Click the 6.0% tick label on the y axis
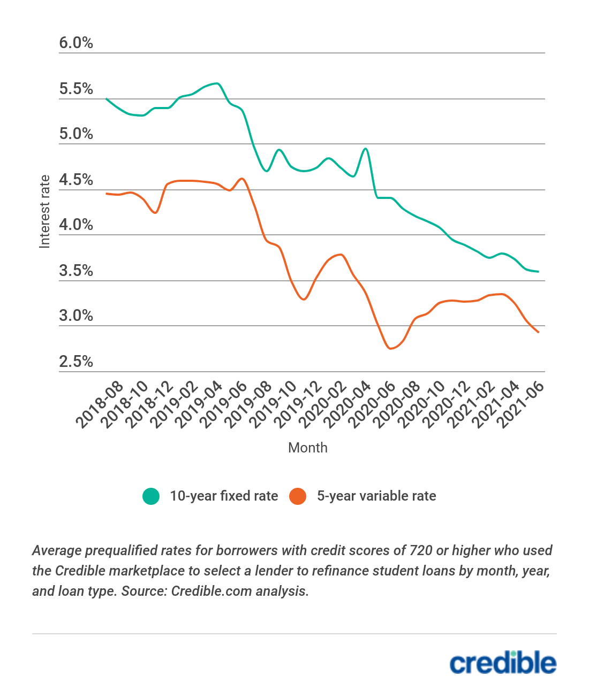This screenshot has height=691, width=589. (76, 43)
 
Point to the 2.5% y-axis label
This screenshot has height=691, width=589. (76, 362)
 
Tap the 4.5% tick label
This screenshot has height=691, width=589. (76, 180)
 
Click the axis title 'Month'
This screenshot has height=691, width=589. (307, 448)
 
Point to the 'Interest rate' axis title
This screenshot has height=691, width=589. (44, 211)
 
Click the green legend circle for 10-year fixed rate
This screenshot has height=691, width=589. (151, 496)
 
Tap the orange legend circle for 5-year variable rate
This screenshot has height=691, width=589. (298, 496)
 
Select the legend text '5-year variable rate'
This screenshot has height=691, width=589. (376, 496)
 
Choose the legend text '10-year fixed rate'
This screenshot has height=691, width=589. (224, 496)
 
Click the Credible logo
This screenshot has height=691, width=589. (503, 663)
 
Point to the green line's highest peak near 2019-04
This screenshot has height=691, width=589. (217, 83)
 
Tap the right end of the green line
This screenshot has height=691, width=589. (538, 272)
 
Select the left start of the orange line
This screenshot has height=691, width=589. (107, 194)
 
